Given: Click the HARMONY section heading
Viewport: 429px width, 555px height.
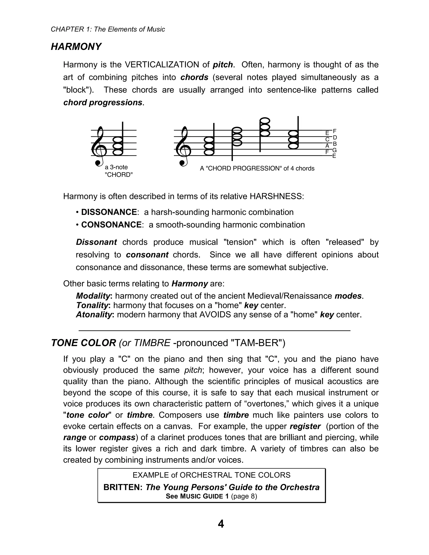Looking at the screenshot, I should [x=76, y=47].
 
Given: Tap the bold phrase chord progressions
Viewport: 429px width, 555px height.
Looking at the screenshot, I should [x=103, y=102].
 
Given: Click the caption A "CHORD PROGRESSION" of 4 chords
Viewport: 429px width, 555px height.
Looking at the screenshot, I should [x=257, y=168].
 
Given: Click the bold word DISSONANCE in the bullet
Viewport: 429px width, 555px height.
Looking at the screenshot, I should [x=109, y=212].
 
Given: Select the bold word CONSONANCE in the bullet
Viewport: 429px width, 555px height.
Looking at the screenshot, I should [x=111, y=225].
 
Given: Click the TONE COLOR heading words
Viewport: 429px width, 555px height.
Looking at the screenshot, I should [x=84, y=343].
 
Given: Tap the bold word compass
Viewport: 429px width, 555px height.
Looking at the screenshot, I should [x=117, y=437].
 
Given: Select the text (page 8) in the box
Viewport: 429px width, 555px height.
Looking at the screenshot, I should [x=244, y=496].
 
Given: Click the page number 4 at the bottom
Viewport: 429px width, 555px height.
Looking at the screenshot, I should [x=221, y=524].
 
